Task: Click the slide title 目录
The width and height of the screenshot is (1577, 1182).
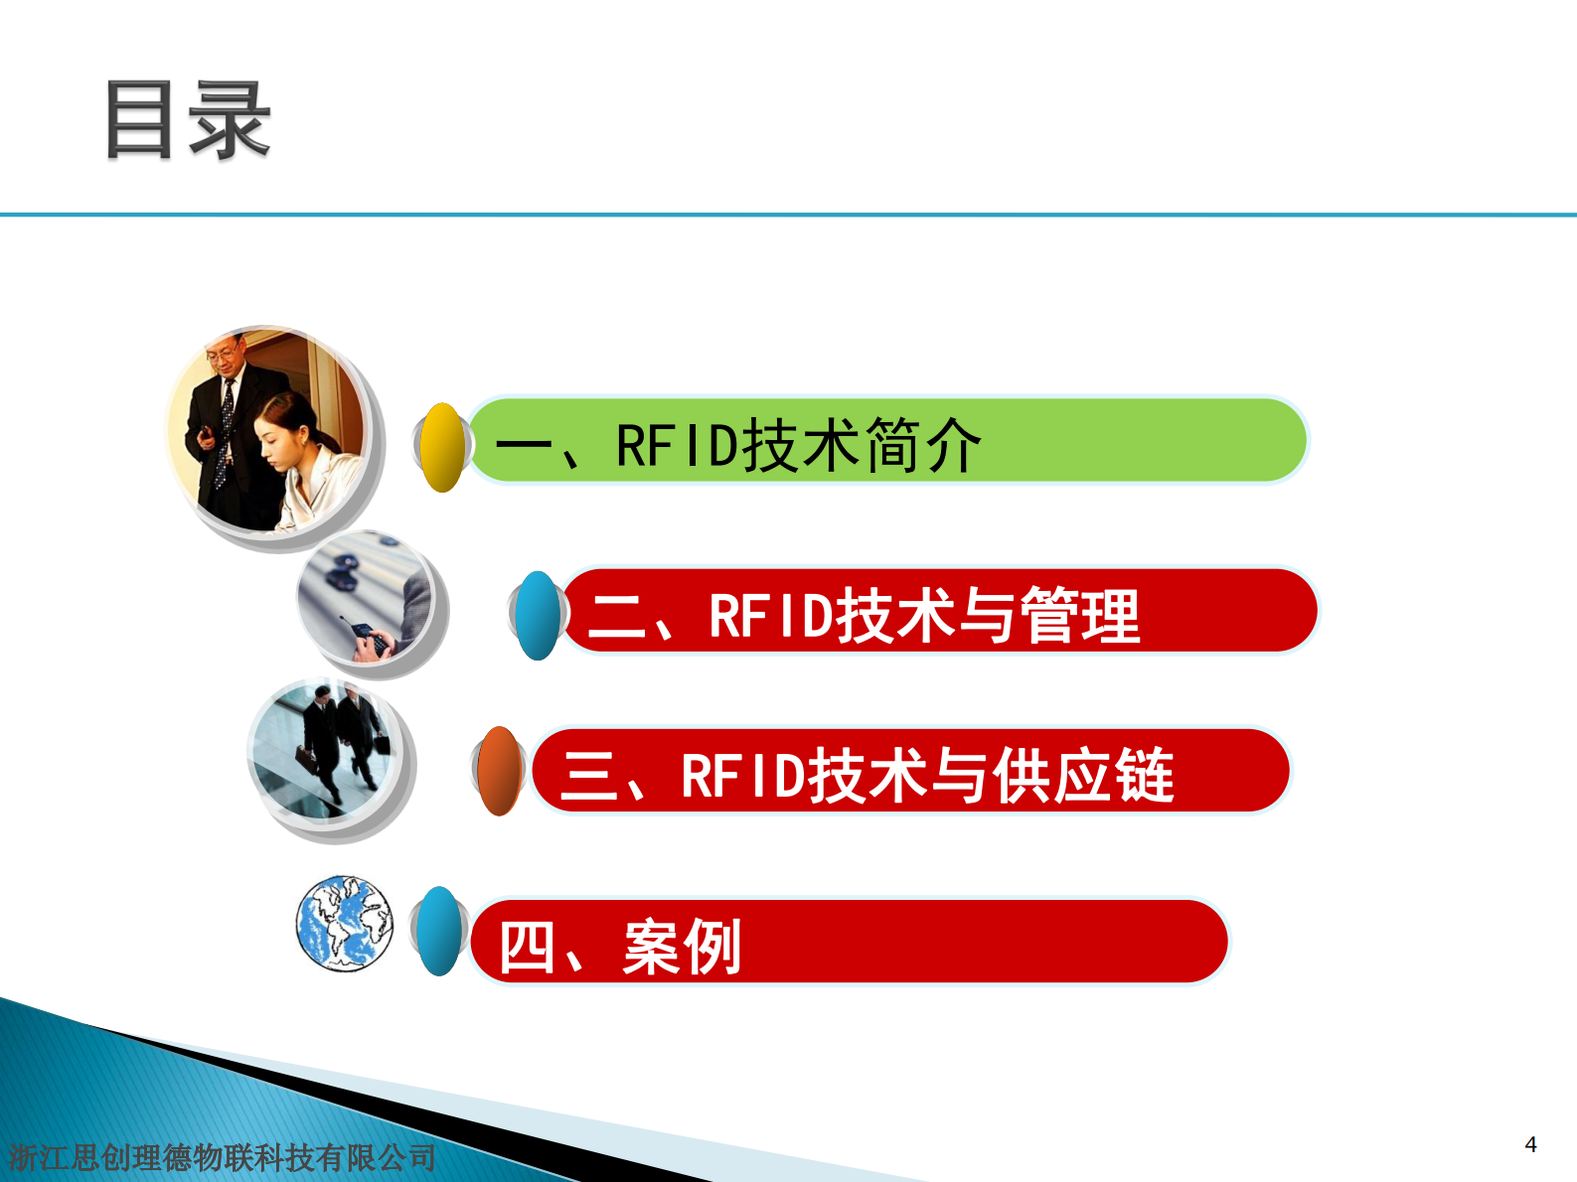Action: (187, 121)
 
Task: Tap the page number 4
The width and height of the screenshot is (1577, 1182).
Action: (1530, 1144)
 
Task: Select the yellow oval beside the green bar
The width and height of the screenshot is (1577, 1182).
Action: (441, 447)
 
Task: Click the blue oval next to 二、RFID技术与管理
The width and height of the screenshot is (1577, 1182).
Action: (538, 616)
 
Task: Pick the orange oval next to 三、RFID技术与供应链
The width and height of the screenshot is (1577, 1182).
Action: (499, 771)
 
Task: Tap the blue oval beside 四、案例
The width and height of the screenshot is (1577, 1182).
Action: (438, 932)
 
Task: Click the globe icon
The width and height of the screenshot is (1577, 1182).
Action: (344, 923)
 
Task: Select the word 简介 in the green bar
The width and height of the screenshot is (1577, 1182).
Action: (923, 445)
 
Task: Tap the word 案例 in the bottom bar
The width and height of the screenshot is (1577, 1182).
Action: (682, 947)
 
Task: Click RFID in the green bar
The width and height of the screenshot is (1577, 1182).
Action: (677, 445)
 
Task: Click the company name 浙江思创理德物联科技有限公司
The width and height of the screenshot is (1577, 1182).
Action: (223, 1157)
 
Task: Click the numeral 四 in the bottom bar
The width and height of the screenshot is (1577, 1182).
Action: (526, 947)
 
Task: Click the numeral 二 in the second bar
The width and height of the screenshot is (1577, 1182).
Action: (617, 616)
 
